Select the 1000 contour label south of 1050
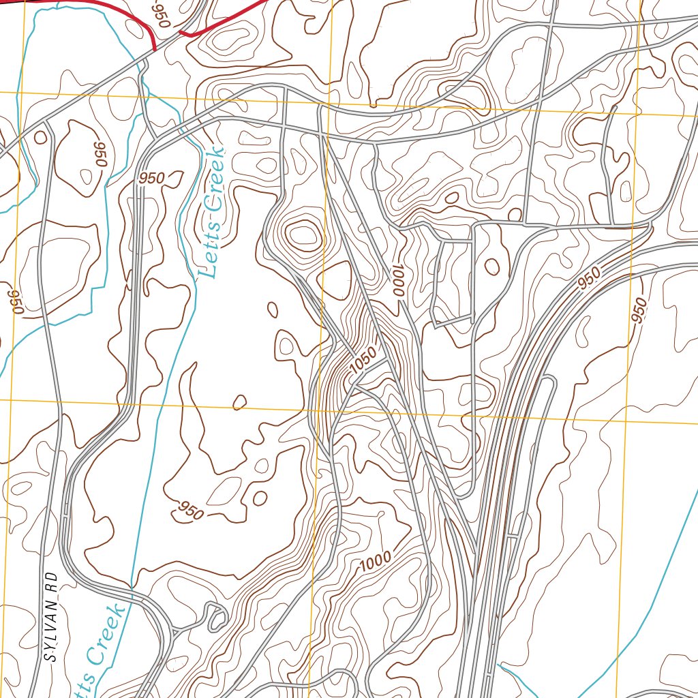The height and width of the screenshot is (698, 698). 376,561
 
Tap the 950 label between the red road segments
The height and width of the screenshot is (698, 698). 162,14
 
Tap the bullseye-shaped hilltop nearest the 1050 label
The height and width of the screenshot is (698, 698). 303,236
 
